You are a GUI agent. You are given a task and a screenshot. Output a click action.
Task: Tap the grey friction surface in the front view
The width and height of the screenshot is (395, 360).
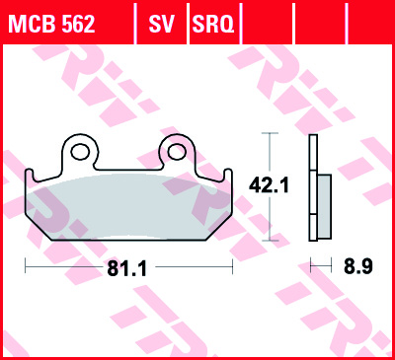coord(128,203)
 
